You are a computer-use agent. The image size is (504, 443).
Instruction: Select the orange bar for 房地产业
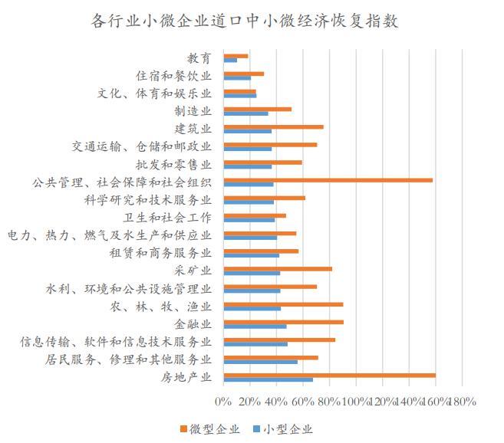tap(329, 375)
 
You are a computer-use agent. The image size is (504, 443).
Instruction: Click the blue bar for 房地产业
tap(268, 379)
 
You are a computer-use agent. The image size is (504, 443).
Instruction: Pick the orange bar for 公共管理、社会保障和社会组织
tap(328, 180)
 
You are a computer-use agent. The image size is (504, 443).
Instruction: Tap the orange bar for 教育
tap(236, 56)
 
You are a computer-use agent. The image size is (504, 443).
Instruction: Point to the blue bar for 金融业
tap(255, 326)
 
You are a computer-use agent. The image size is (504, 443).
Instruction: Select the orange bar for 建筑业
tap(273, 126)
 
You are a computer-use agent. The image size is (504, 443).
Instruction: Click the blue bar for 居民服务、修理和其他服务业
tap(260, 362)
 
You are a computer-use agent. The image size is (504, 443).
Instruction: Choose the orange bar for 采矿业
tap(278, 268)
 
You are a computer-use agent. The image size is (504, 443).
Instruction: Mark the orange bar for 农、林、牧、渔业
tap(283, 304)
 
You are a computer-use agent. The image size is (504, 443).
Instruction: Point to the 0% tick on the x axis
tap(223, 401)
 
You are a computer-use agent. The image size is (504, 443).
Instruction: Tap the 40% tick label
tap(276, 401)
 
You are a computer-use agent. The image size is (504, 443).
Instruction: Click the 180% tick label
tap(462, 401)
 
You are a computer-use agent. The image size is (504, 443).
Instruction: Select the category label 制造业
tap(195, 111)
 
